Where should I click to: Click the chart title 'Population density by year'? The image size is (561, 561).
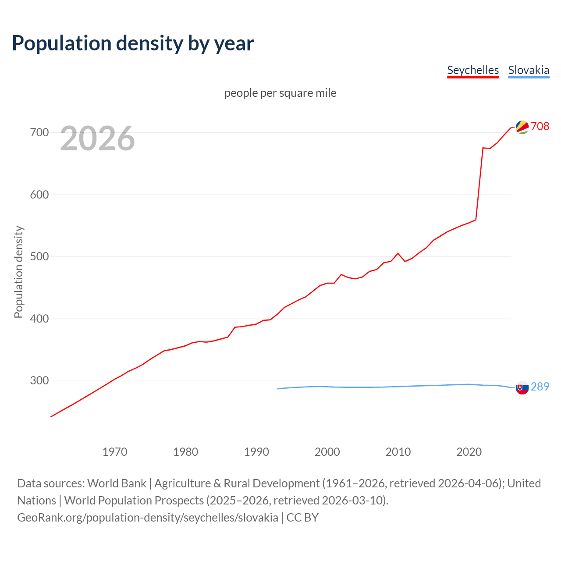click(x=133, y=43)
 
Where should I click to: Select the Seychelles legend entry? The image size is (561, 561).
click(x=472, y=70)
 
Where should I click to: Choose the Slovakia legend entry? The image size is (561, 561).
click(x=528, y=70)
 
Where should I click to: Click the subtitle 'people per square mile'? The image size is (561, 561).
click(x=280, y=93)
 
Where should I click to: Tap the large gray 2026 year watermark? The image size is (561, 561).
click(x=97, y=138)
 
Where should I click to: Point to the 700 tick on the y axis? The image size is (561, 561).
click(x=39, y=132)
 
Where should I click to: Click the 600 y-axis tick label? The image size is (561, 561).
click(x=39, y=195)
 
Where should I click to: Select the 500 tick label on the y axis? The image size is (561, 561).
click(x=39, y=256)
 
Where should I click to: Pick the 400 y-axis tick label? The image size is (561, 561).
click(x=39, y=319)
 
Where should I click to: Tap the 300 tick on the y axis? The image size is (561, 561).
click(x=39, y=380)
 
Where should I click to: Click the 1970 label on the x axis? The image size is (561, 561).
click(x=115, y=452)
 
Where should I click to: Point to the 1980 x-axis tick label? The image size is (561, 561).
click(x=186, y=452)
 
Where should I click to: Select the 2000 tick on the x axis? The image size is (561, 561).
click(x=327, y=452)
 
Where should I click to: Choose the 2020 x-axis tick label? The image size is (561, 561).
click(x=469, y=452)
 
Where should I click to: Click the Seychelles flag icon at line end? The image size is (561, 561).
click(x=522, y=127)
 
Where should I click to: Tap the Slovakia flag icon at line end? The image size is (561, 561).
click(x=522, y=387)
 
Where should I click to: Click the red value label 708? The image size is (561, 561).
click(x=540, y=126)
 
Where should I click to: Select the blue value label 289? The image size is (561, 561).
click(x=540, y=387)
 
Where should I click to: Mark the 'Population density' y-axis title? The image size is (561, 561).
click(x=18, y=272)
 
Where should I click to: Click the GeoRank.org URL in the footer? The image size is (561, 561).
click(x=148, y=518)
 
